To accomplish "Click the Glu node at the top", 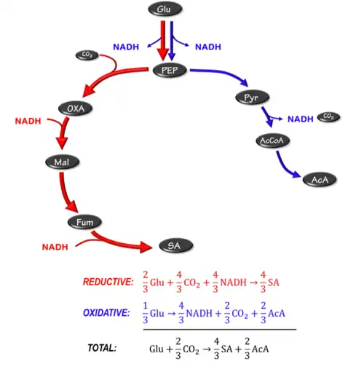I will (x=165, y=9).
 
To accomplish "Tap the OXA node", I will (x=76, y=108).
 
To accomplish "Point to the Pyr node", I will (x=253, y=97).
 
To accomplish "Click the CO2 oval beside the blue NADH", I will (x=328, y=116).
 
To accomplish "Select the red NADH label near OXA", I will (x=30, y=120).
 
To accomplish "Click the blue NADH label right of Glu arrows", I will (x=208, y=47).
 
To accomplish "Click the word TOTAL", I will (x=102, y=348).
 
